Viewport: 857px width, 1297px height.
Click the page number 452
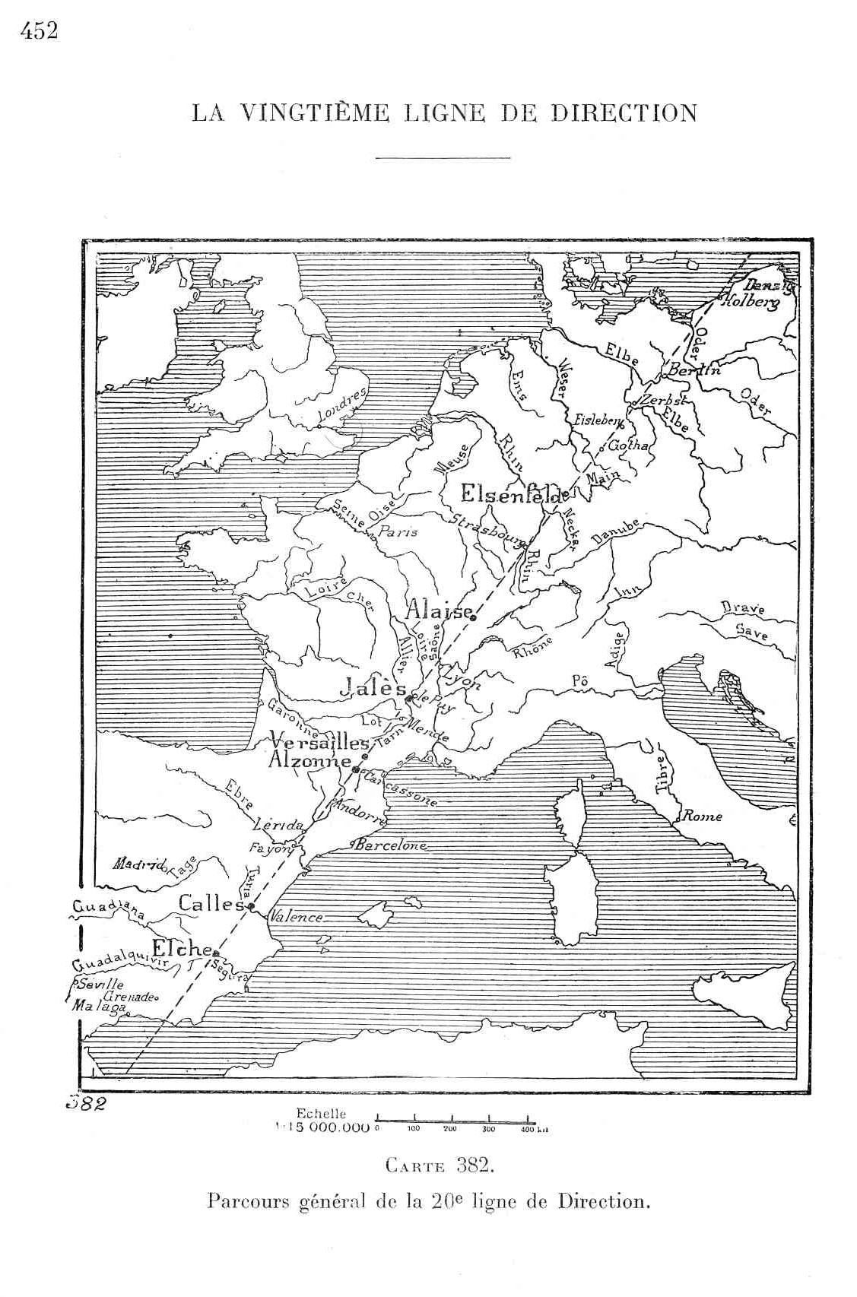pyautogui.click(x=40, y=32)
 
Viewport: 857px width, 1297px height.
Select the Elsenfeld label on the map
pyautogui.click(x=514, y=495)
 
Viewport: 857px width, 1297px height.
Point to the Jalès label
pyautogui.click(x=372, y=688)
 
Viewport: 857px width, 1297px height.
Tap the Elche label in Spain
pyautogui.click(x=181, y=948)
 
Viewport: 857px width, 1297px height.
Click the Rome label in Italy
pyautogui.click(x=702, y=817)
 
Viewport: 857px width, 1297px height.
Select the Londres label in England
pyautogui.click(x=342, y=408)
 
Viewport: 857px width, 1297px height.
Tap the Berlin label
pyautogui.click(x=693, y=370)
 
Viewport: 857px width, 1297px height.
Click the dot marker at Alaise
pyautogui.click(x=473, y=618)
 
